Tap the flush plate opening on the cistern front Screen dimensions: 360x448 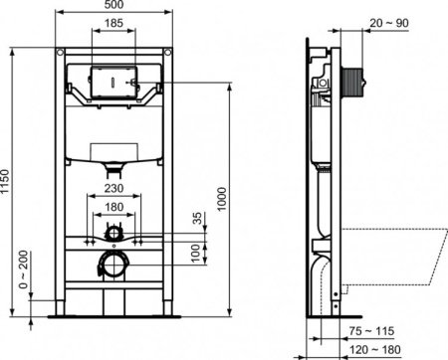point(115,81)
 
